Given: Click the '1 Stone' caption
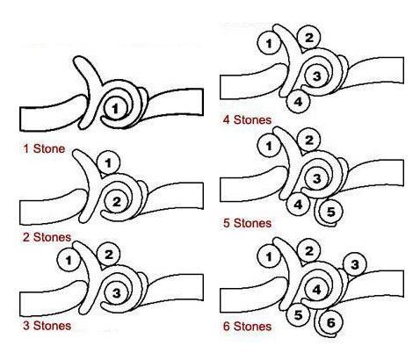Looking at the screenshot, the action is [44, 148].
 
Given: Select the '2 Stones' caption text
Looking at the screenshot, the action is [47, 237].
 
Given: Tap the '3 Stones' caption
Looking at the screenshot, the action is [47, 326].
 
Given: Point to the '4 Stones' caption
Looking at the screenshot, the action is [247, 119].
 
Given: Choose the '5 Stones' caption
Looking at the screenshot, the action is [247, 223].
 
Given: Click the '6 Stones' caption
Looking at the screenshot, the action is [247, 327].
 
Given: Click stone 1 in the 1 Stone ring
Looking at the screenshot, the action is [116, 108].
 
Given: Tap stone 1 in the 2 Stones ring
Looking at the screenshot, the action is [108, 162].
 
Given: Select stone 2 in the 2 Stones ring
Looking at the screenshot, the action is [117, 202].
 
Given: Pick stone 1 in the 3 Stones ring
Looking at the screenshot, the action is [69, 260].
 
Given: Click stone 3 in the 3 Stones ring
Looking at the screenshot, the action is [117, 293].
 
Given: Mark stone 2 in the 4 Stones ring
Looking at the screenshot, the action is [309, 38].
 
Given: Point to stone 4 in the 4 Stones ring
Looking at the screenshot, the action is [298, 102].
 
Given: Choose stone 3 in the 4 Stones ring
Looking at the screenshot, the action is [316, 76].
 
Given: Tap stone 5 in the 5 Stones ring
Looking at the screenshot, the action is [330, 212].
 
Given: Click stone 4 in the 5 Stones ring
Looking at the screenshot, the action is [298, 205].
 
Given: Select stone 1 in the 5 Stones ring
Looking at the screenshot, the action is [269, 146].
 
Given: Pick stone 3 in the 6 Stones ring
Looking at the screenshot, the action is [355, 264].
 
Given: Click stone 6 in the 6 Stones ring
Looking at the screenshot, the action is [330, 322].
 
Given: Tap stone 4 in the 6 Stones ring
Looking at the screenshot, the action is [316, 290].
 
